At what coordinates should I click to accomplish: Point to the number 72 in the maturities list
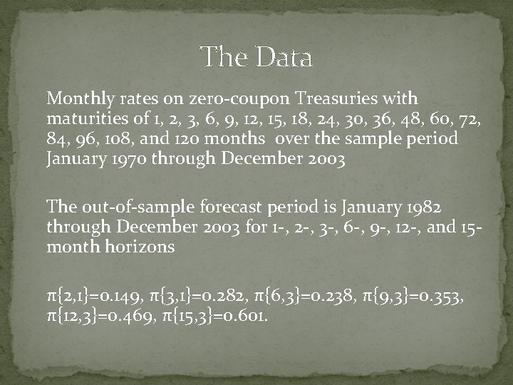tap(475, 118)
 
